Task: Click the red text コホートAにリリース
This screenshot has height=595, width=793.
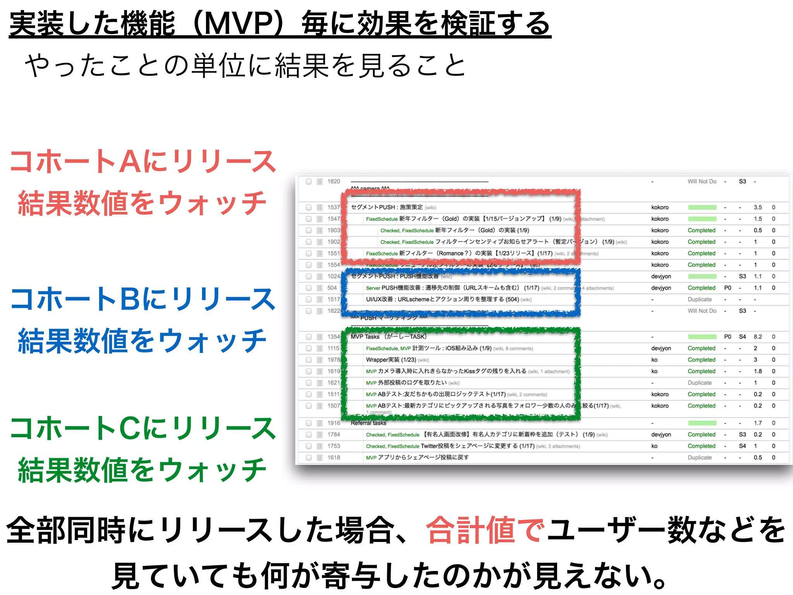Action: pyautogui.click(x=143, y=161)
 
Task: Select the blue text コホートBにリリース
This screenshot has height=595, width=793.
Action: pyautogui.click(x=143, y=299)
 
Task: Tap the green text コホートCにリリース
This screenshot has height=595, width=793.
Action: pyautogui.click(x=143, y=428)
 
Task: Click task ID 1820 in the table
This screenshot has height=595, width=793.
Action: pyautogui.click(x=333, y=181)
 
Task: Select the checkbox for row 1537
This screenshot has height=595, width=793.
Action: pyautogui.click(x=309, y=207)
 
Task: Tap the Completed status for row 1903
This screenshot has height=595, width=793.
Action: pyautogui.click(x=701, y=230)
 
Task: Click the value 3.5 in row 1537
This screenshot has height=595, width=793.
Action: pyautogui.click(x=757, y=207)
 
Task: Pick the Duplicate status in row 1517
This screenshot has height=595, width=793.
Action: pyautogui.click(x=699, y=299)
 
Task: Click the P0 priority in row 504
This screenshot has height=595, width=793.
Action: pyautogui.click(x=728, y=288)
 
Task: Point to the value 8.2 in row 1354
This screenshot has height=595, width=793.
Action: pyautogui.click(x=757, y=337)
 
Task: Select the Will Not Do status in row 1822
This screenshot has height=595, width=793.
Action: pyautogui.click(x=702, y=311)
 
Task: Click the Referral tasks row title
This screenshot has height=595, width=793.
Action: pyautogui.click(x=368, y=423)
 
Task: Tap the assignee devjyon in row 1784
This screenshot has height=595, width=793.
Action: pyautogui.click(x=661, y=435)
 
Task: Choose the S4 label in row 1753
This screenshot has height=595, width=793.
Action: pyautogui.click(x=742, y=446)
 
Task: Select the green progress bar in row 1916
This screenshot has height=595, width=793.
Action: pyautogui.click(x=702, y=423)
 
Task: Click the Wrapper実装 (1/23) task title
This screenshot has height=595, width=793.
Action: pyautogui.click(x=391, y=360)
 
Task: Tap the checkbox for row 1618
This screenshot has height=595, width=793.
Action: pyautogui.click(x=309, y=457)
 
